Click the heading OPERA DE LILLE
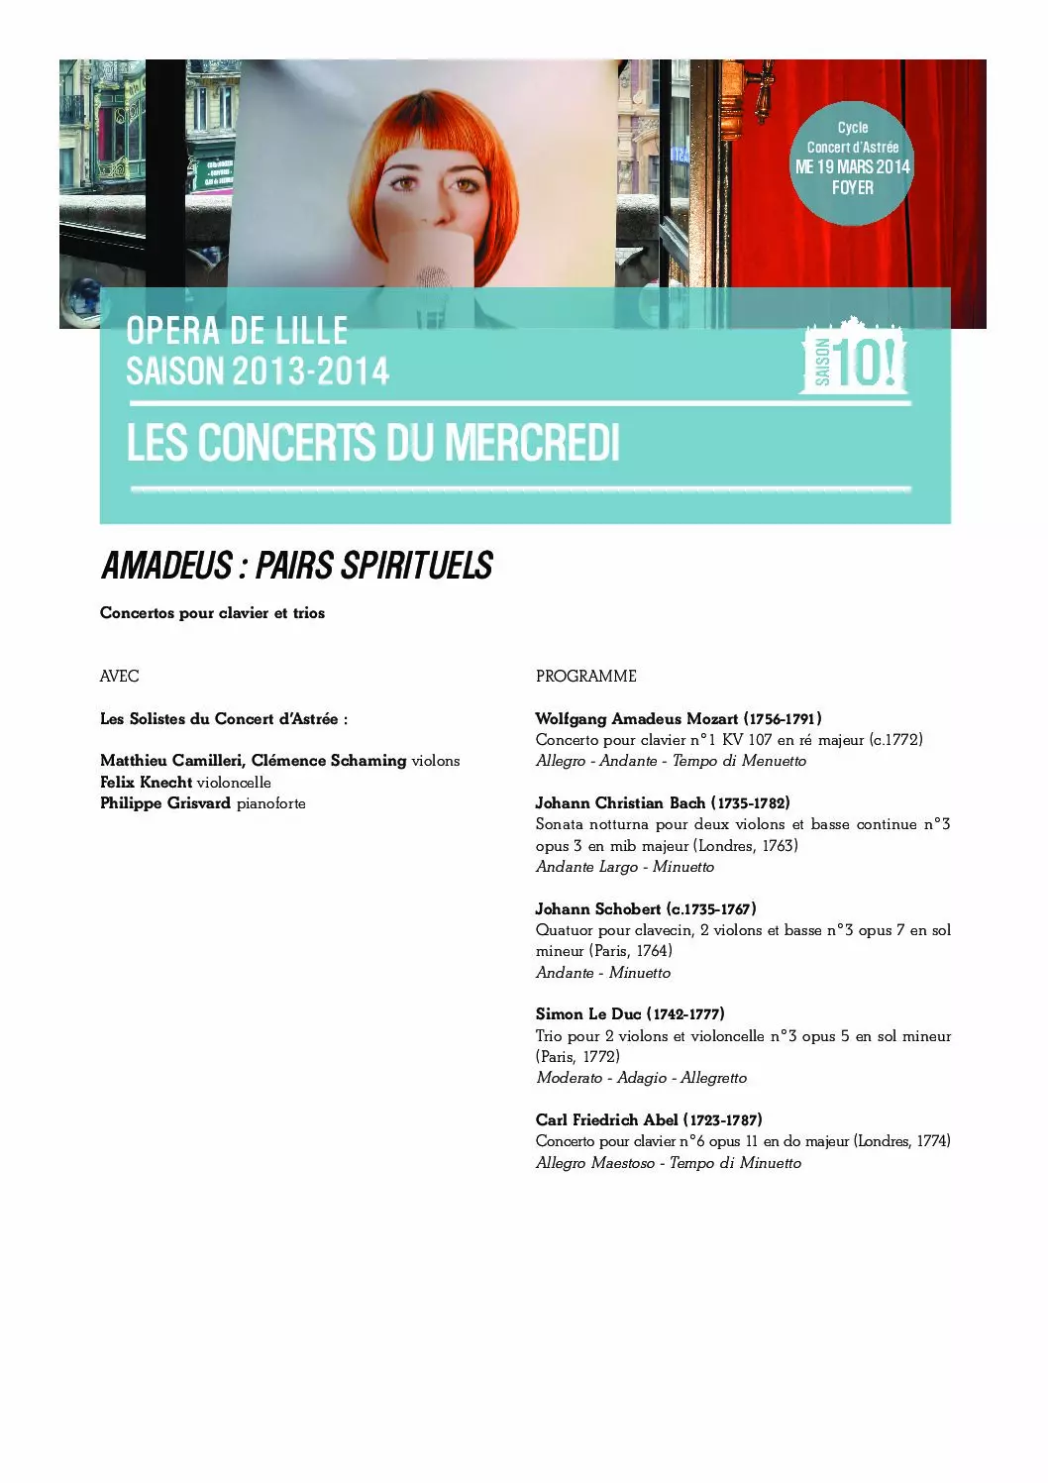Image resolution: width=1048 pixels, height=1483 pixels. [237, 331]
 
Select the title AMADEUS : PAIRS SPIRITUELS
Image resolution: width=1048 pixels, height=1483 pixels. [297, 566]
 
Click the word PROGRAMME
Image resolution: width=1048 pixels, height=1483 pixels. [585, 677]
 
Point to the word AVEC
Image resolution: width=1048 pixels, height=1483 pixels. [119, 677]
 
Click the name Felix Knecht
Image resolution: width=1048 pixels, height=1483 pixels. [146, 783]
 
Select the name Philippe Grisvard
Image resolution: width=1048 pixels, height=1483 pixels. [165, 803]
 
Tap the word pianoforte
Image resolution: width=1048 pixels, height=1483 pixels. [270, 803]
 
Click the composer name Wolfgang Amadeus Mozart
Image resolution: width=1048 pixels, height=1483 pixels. [637, 719]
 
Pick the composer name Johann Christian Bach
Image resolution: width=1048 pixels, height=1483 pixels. [620, 803]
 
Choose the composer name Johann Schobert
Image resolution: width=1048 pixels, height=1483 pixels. [598, 909]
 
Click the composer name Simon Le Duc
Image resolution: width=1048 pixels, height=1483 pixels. [588, 1014]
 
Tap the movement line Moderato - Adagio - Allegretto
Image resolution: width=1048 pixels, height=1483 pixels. [641, 1078]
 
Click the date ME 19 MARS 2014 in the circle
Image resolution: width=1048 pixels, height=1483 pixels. [852, 166]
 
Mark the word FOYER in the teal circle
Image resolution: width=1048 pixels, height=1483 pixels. [852, 187]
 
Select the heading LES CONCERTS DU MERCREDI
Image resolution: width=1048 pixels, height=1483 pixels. [372, 443]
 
